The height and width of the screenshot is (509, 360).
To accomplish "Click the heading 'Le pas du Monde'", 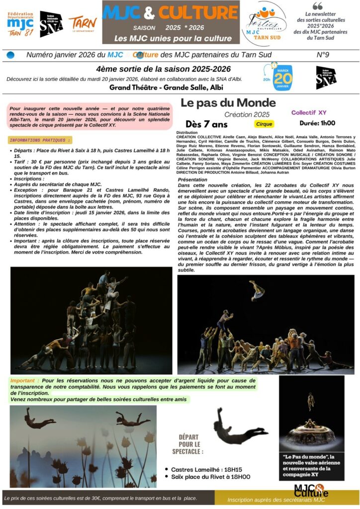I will coord(228,103).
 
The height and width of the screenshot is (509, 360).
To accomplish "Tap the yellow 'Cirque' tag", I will coord(264,124).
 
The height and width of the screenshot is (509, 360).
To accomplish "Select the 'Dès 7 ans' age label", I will coord(206,124).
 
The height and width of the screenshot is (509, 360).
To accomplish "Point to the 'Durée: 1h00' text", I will coord(317,123).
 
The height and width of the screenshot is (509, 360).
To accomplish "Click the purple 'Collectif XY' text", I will coord(309,113).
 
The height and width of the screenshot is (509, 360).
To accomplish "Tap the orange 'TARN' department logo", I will coord(83,23).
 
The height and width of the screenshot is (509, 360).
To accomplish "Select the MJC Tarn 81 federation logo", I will coord(20,24).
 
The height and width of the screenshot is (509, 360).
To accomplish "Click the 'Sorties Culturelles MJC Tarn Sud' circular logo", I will coord(267,22).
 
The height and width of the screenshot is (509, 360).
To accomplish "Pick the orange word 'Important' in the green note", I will coord(25,381).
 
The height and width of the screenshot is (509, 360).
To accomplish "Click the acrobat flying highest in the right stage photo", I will coord(257,290).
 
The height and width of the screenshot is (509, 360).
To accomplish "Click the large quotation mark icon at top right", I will coord(317,6).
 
